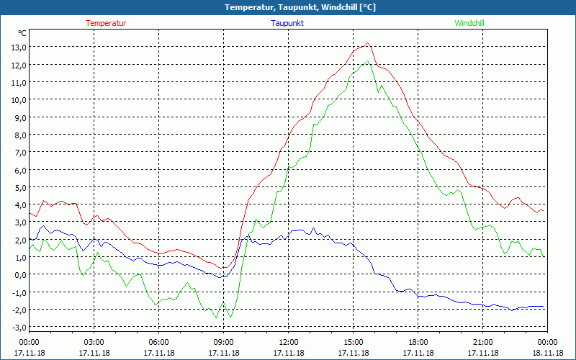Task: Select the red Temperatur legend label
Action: tap(106, 23)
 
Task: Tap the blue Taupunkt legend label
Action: tap(287, 23)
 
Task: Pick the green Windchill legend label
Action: tap(469, 23)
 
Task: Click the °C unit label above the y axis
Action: tap(22, 33)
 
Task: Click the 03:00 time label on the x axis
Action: tap(94, 342)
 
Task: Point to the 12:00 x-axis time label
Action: tap(289, 342)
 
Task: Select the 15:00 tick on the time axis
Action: tap(354, 342)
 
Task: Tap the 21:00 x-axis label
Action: tap(483, 342)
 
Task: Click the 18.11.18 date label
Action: tap(548, 353)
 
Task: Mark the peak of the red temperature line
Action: tap(368, 44)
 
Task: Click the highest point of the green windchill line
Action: tap(368, 61)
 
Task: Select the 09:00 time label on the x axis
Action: tap(224, 342)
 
